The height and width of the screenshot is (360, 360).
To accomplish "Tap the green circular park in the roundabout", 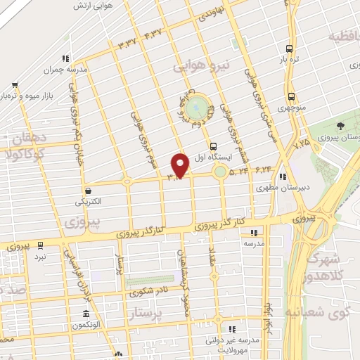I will coord(200,108).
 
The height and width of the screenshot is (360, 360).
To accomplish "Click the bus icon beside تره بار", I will coord(289,49).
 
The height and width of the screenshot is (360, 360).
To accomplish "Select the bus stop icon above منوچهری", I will coord(290,96).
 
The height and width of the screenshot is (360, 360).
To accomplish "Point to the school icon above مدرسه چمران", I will coord(65,58).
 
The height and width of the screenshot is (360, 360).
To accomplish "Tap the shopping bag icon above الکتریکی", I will coord(89,191).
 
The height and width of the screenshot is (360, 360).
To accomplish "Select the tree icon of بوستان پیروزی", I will coord(341,125).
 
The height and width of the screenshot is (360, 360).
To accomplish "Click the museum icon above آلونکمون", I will coord(86,314).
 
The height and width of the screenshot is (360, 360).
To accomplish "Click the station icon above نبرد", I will coord(39,245).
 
